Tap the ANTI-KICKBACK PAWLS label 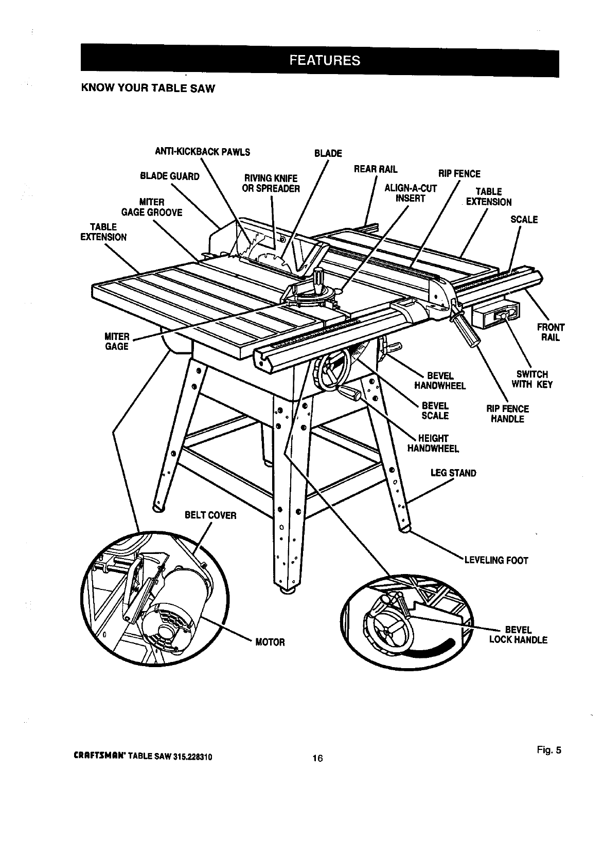coord(202,152)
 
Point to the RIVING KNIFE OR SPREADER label coord(271,184)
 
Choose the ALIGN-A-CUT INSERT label coord(410,193)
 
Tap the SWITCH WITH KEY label coord(532,379)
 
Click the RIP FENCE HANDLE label coord(507,414)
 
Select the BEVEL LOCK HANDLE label coord(518,635)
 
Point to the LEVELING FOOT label coord(496,560)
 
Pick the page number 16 coord(317,758)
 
